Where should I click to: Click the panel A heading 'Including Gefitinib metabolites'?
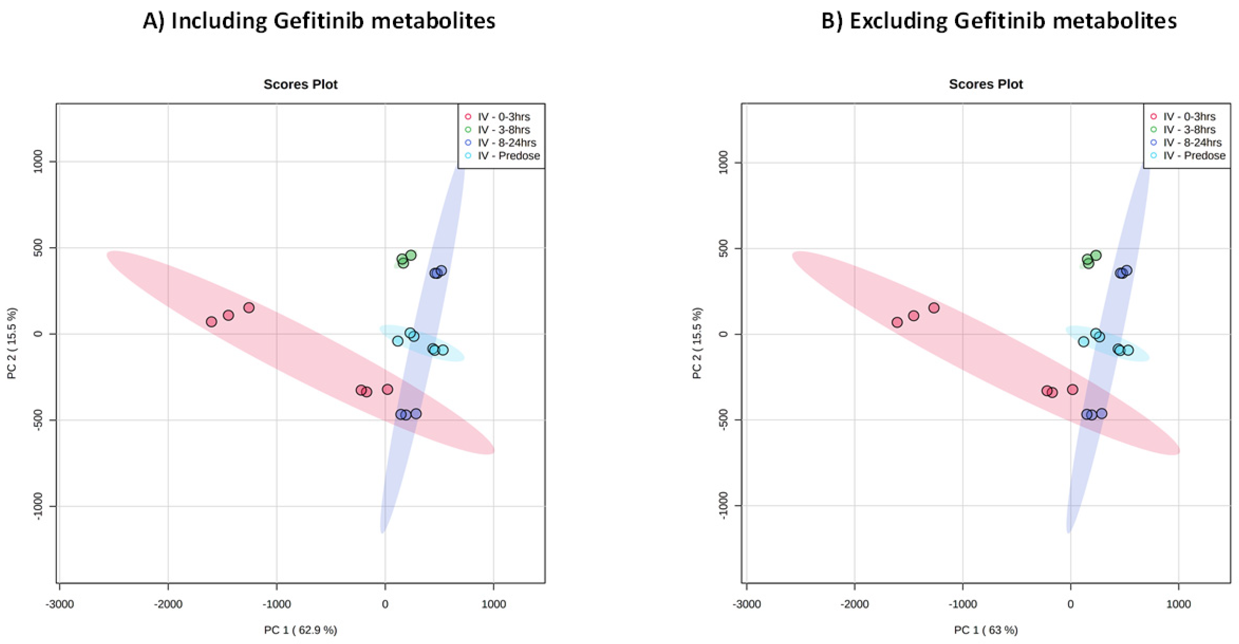319,21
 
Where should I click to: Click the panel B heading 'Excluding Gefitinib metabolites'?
998,21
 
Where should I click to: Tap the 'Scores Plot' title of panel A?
301,85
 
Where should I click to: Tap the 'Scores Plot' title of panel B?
986,85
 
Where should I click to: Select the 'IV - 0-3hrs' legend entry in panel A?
503,117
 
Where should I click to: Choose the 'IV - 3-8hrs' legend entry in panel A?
503,130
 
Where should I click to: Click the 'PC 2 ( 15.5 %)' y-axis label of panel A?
12,343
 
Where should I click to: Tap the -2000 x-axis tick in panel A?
168,604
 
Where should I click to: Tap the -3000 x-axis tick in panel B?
746,604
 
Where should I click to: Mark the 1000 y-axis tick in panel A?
39,162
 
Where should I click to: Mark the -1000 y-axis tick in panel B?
724,506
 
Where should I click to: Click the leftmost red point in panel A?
211,321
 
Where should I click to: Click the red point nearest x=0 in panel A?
387,389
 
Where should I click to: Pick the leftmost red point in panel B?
897,322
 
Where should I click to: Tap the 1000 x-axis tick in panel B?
1178,604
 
